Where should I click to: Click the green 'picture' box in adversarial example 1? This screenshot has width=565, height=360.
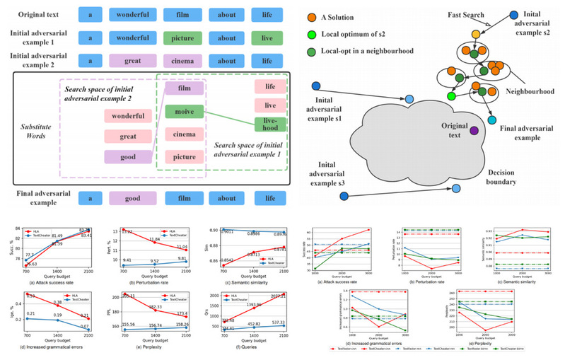(x=185, y=38)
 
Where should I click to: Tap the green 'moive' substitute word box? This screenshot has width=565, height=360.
(x=184, y=111)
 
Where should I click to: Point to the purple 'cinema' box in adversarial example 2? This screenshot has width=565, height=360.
(x=185, y=62)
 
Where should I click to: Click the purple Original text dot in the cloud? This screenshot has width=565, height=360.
(x=473, y=131)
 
